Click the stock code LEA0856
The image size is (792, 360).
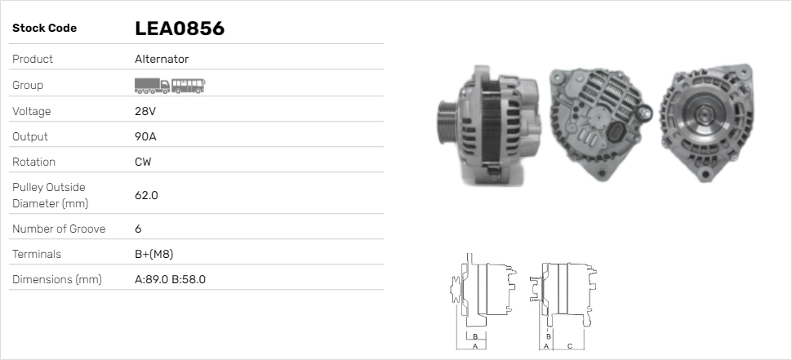pos(179,29)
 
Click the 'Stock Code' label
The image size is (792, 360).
pos(44,29)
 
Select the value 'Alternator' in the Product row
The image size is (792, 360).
pos(162,59)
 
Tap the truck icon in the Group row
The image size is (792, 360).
pos(151,85)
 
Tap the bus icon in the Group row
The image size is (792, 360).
pos(189,85)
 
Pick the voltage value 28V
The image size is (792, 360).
pos(145,111)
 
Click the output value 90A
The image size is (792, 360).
pos(145,136)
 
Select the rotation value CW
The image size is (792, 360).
pos(143,162)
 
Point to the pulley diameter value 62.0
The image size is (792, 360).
pos(146,195)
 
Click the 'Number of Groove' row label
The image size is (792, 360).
pos(59,229)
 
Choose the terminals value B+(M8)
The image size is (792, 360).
pos(154,254)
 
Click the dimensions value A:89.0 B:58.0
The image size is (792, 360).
pos(170,279)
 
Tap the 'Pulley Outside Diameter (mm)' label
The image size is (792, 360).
pos(49,195)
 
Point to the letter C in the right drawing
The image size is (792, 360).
pos(570,347)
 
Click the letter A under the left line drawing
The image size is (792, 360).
pos(474,347)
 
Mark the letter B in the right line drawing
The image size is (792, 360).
pos(549,336)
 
